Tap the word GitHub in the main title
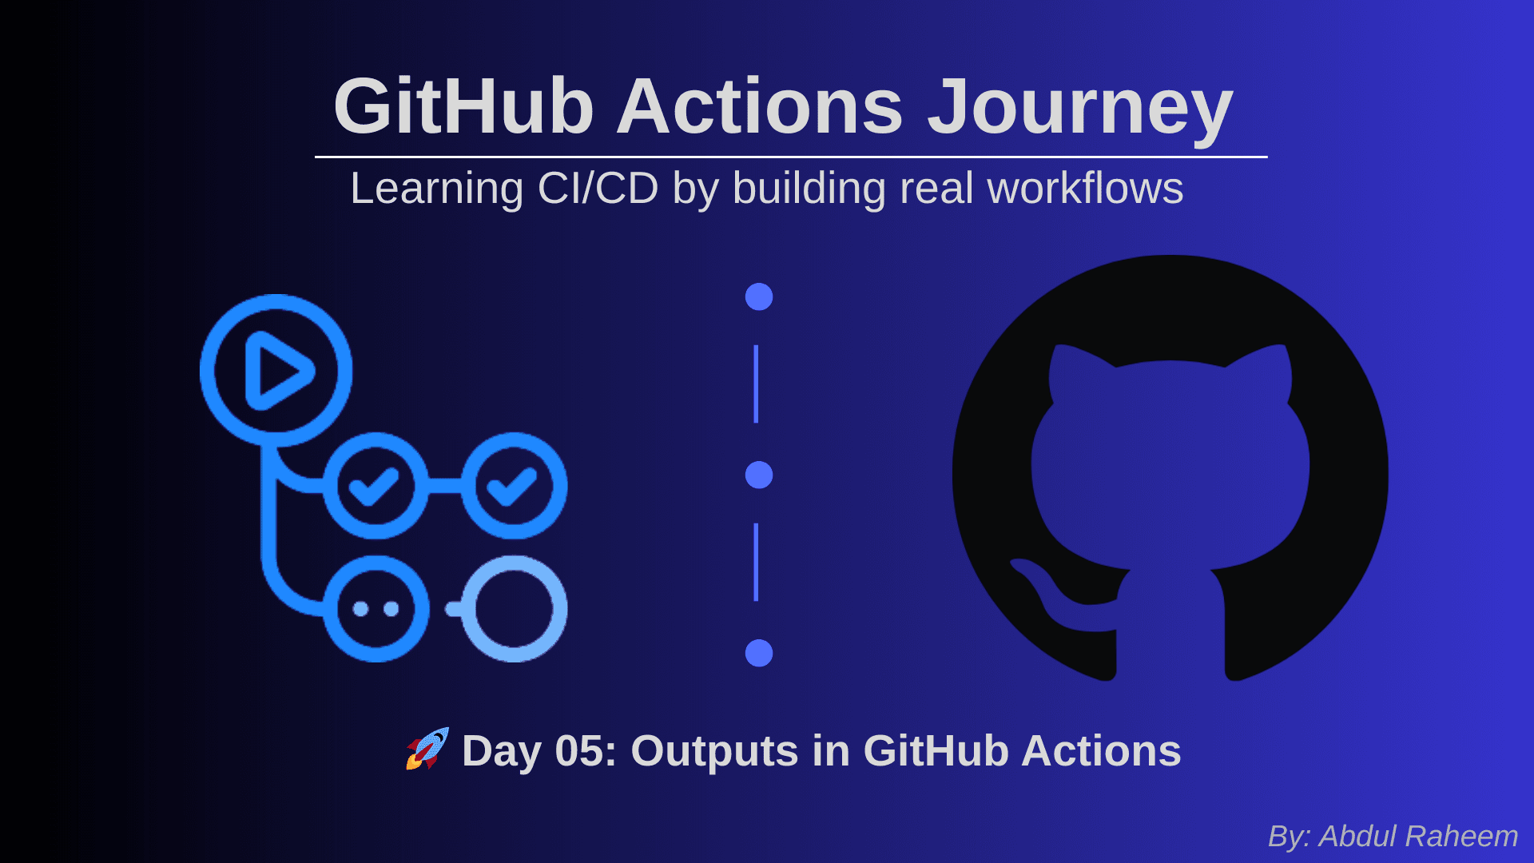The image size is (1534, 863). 463,106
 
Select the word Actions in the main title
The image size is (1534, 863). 760,106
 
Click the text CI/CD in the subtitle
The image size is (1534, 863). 598,189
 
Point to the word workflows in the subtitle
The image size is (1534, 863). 1085,189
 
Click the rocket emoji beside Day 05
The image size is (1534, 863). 427,749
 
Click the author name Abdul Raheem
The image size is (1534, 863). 1418,836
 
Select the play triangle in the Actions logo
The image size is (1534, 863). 277,371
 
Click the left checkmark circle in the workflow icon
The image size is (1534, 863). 376,486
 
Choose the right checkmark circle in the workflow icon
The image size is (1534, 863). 515,486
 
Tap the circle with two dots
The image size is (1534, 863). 376,609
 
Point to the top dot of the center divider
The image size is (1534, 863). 759,296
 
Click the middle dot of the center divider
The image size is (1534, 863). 759,475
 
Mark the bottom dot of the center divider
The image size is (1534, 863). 759,653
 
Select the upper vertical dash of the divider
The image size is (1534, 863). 756,384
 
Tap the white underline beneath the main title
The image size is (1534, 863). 791,157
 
